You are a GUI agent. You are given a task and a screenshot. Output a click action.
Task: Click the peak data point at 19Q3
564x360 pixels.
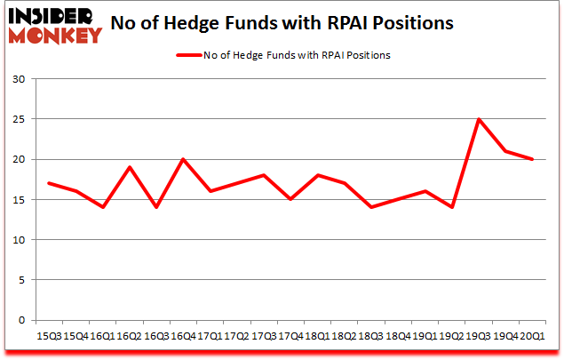480,119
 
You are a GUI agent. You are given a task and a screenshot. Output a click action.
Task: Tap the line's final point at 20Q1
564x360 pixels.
533,159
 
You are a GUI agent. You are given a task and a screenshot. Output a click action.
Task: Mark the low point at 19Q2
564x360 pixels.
452,207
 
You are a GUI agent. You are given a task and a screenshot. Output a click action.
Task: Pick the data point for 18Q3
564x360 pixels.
370,207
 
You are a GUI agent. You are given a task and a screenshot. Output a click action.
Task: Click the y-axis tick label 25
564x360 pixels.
18,119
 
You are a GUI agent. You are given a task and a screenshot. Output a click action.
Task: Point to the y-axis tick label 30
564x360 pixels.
18,79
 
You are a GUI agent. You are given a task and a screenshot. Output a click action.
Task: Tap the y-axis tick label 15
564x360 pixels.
18,200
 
